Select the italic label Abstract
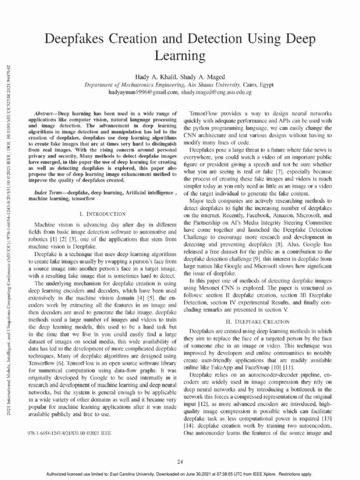point(45,114)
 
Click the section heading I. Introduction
point(102,214)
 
